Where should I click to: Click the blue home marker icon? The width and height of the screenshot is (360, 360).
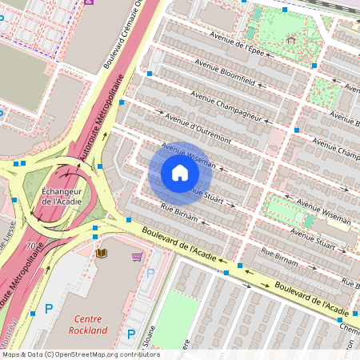[x=179, y=173]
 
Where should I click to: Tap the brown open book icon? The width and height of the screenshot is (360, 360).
[x=102, y=254]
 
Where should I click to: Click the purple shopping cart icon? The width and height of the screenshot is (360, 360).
[x=137, y=256]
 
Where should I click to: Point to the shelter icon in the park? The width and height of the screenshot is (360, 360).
[x=290, y=38]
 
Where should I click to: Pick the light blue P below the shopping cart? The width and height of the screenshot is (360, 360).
[x=150, y=273]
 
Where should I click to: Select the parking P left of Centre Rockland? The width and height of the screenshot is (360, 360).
[x=49, y=307]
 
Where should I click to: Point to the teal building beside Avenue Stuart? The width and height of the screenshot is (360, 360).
[x=309, y=221]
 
